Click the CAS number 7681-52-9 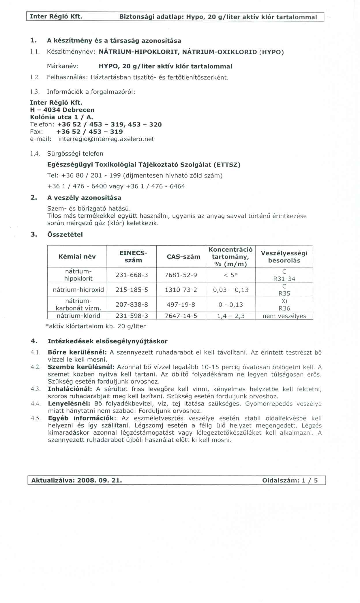point(181,275)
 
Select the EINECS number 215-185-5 point(132,290)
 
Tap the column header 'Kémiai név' point(77,257)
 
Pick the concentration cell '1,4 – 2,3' point(231,316)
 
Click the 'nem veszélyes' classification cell point(284,316)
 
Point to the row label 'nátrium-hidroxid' point(78,290)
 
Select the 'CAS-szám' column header point(183,257)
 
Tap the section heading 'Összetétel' point(65,234)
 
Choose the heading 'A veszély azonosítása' point(84,198)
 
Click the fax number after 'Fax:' point(89,132)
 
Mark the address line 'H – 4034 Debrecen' point(62,110)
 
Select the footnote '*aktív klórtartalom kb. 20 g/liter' point(95,326)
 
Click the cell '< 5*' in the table point(231,275)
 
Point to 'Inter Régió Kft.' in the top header point(56,16)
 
